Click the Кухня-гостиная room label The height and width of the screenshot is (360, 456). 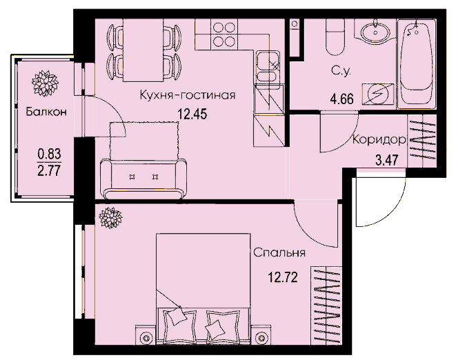click(188, 95)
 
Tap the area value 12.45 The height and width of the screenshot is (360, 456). click(192, 114)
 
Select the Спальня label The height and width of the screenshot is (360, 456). click(279, 252)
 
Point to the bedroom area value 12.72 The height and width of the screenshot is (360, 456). click(283, 277)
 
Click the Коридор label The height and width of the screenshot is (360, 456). click(379, 140)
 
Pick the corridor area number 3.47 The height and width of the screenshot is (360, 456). click(387, 160)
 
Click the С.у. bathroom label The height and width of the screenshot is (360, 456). click(341, 71)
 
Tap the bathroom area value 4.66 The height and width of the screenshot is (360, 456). click(342, 99)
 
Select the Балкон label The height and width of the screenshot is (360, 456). click(46, 112)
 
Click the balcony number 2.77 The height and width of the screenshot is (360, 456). click(49, 170)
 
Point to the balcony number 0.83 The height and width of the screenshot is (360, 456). click(49, 154)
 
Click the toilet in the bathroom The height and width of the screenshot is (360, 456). click(335, 37)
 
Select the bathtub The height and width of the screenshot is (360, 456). click(417, 63)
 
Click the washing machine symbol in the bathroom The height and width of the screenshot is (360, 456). click(378, 94)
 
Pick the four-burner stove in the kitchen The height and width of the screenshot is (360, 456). click(224, 34)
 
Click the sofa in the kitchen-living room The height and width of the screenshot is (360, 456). click(143, 179)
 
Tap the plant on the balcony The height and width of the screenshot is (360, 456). click(45, 83)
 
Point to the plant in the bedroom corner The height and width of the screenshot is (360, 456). click(110, 218)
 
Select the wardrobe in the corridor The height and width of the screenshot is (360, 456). click(422, 141)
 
